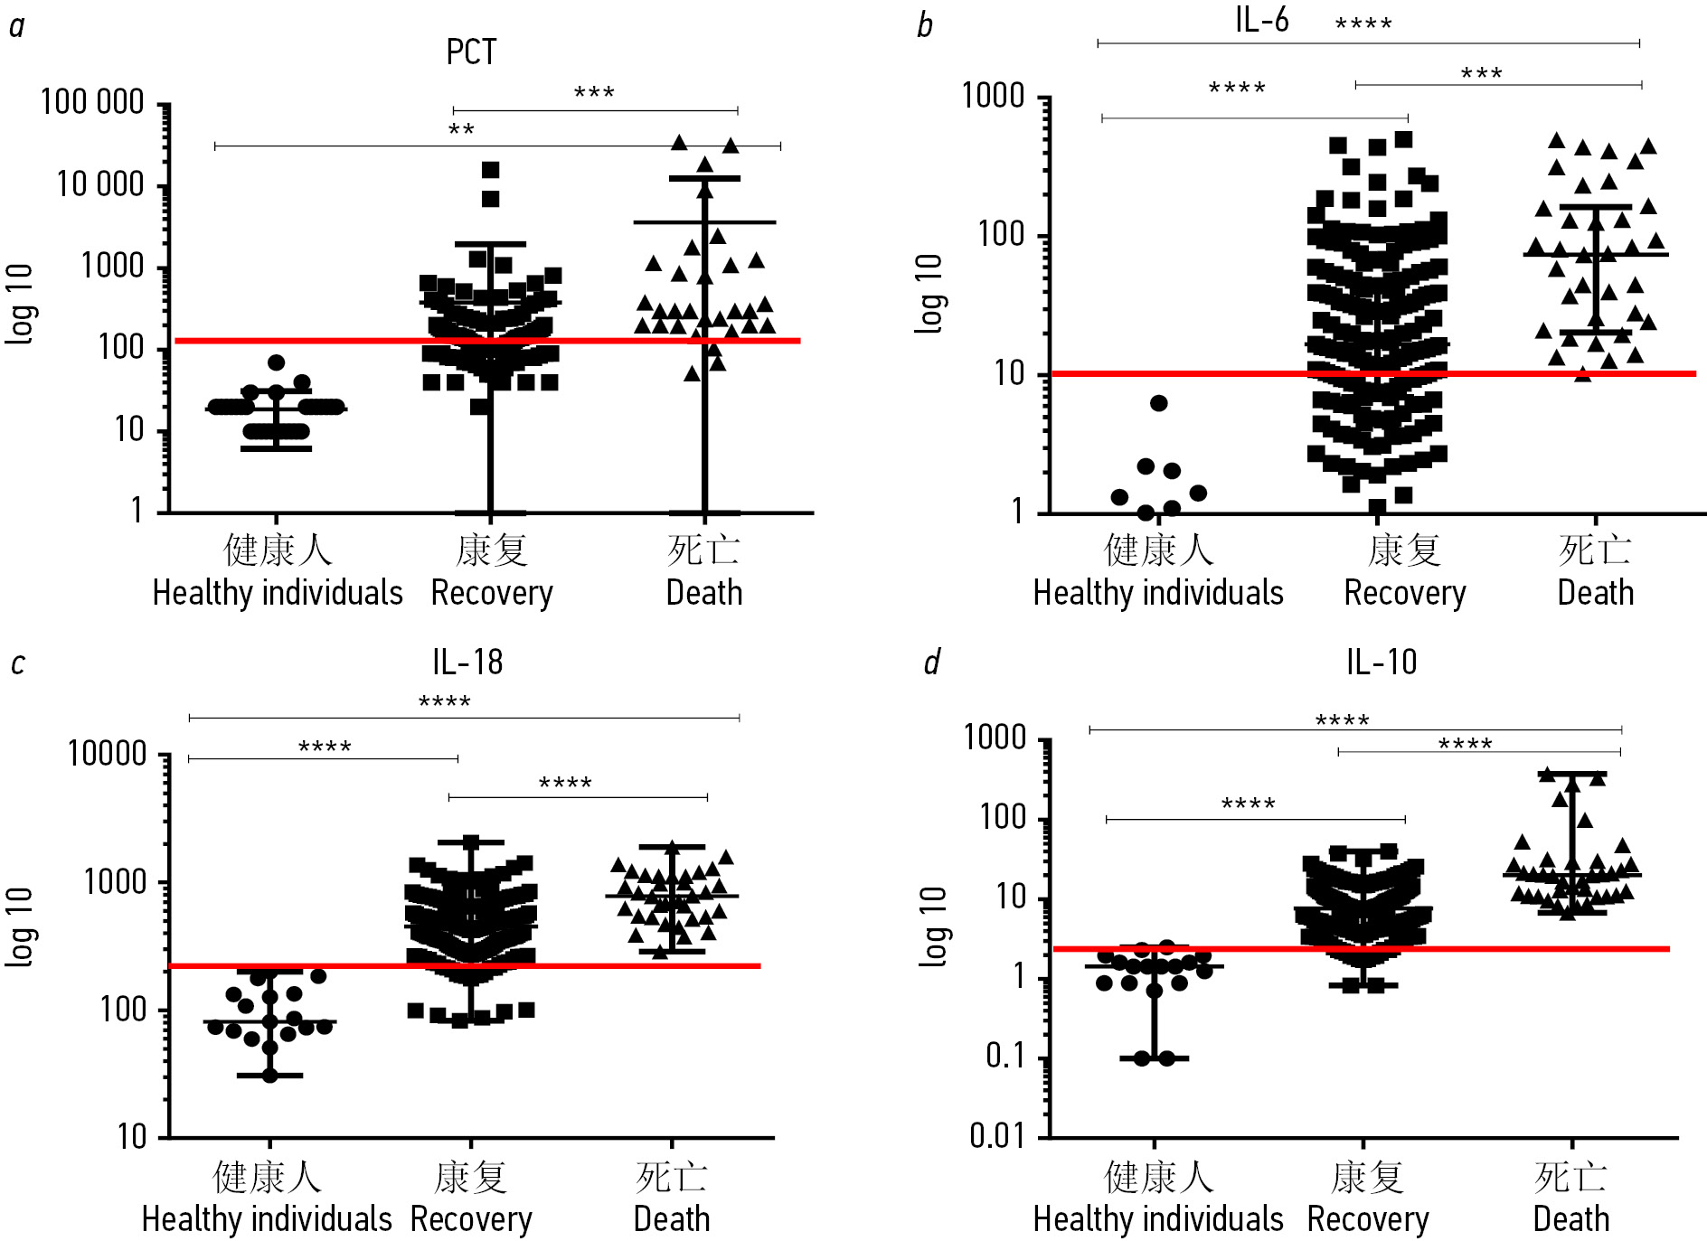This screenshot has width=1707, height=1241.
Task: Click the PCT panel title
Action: tap(471, 52)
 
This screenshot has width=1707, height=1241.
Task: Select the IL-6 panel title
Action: tap(1261, 19)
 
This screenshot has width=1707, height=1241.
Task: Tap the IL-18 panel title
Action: tap(467, 663)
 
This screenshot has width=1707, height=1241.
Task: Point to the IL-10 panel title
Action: tap(1381, 663)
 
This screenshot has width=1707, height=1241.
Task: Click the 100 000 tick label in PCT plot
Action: tap(92, 102)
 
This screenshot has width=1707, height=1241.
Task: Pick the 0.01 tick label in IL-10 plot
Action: tap(997, 1135)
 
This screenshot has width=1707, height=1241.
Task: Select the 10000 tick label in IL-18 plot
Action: tap(107, 753)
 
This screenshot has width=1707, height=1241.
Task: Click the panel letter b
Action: tap(924, 25)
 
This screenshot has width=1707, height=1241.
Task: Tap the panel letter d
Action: tap(931, 663)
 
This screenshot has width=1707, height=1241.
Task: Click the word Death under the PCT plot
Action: tap(704, 593)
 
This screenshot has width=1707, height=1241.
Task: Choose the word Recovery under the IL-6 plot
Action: tap(1404, 593)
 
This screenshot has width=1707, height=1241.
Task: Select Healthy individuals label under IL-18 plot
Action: tap(267, 1219)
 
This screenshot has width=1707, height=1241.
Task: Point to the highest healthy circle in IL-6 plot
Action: tap(1158, 403)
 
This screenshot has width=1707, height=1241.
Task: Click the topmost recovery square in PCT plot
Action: tap(490, 170)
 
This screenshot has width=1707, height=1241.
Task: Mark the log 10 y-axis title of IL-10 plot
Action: tap(931, 926)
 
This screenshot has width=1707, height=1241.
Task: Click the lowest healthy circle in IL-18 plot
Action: tap(269, 1076)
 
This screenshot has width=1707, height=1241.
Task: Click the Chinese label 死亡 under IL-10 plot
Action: tap(1570, 1178)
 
